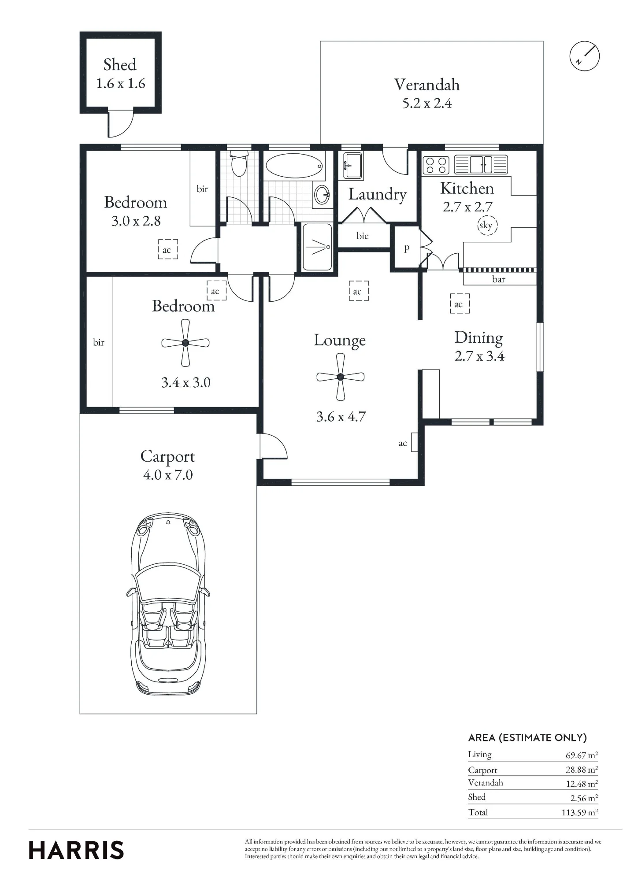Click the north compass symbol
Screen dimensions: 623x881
point(585,56)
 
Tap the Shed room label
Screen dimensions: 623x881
point(120,65)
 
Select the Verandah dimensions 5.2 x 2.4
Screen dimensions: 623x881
point(427,104)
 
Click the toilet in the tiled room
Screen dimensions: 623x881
point(239,163)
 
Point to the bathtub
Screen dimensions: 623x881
point(294,166)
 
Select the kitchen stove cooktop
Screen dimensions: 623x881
point(436,165)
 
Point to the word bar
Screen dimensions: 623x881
point(499,279)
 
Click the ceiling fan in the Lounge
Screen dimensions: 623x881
point(340,377)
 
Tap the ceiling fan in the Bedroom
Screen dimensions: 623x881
point(185,343)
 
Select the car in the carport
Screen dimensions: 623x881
point(168,604)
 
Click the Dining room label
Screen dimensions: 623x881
point(479,338)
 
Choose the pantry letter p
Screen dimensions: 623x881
point(407,248)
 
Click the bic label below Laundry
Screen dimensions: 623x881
point(363,236)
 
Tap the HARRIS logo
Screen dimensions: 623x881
point(76,850)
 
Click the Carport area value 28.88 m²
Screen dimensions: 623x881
point(582,770)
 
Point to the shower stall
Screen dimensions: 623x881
point(317,247)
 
